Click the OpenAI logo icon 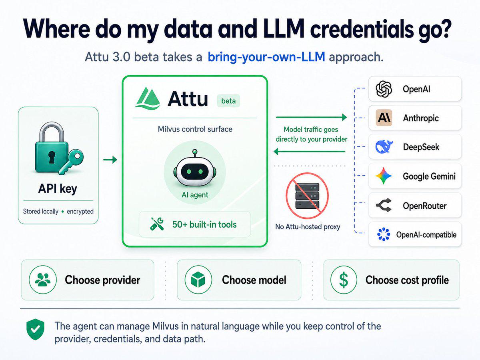[x=384, y=89]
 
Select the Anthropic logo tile [x=384, y=118]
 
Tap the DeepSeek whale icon [x=384, y=146]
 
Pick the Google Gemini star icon [x=384, y=176]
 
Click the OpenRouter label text [x=425, y=206]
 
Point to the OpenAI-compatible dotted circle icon [x=384, y=234]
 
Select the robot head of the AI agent [x=195, y=168]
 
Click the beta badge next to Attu [x=228, y=101]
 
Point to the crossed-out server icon [x=307, y=196]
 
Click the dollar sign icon [x=344, y=280]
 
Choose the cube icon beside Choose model [x=198, y=280]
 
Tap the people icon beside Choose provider [x=43, y=280]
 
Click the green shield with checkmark [x=35, y=329]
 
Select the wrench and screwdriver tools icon [x=157, y=224]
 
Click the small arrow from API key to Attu [x=110, y=160]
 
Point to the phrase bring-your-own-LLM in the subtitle [x=266, y=57]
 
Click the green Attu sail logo [x=147, y=98]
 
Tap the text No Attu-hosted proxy [x=308, y=227]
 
